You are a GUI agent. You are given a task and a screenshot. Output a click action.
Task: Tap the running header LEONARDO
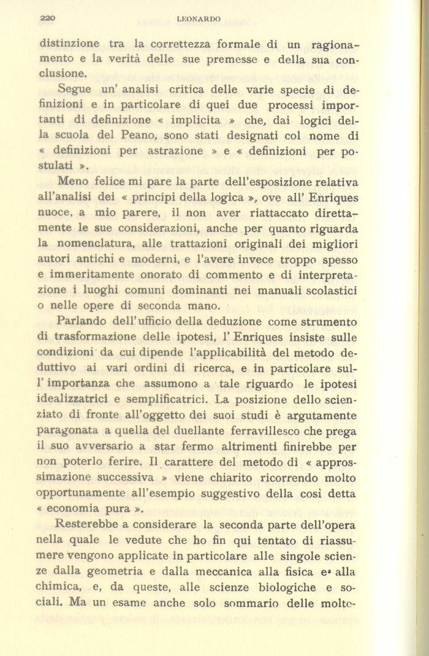(198, 20)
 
